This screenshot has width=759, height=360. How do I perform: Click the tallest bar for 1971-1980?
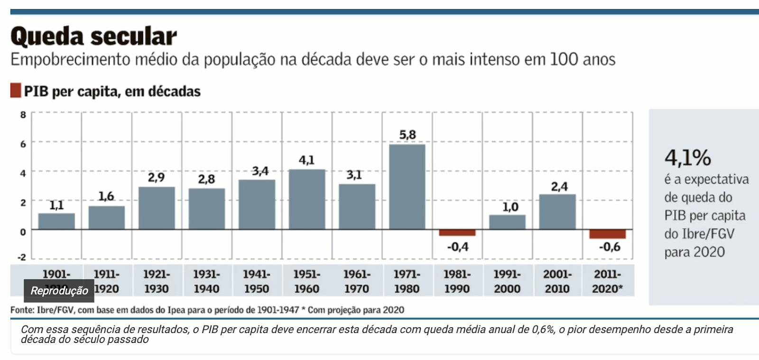(407, 187)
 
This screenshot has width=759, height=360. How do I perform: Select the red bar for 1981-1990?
(457, 232)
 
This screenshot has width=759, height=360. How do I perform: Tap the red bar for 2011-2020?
(607, 234)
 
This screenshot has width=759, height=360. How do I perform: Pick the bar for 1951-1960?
(307, 199)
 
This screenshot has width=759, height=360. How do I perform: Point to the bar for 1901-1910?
(56, 222)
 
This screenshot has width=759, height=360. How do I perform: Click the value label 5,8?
(407, 135)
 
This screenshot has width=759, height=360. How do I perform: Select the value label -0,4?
(457, 247)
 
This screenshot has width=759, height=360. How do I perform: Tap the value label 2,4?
(559, 186)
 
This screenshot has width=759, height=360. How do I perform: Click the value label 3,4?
(260, 171)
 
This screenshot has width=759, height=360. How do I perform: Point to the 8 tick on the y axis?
(23, 114)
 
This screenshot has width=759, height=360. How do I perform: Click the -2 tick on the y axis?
(22, 257)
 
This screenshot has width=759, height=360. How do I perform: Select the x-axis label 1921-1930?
(156, 281)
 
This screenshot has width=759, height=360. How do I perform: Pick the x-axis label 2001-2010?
(557, 281)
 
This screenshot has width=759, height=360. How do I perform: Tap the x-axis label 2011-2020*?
(607, 281)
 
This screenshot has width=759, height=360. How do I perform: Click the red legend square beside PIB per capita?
(16, 91)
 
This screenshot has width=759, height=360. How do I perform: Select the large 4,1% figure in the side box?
(687, 157)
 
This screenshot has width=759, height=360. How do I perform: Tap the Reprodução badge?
(59, 291)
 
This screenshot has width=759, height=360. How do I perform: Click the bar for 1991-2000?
(507, 222)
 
